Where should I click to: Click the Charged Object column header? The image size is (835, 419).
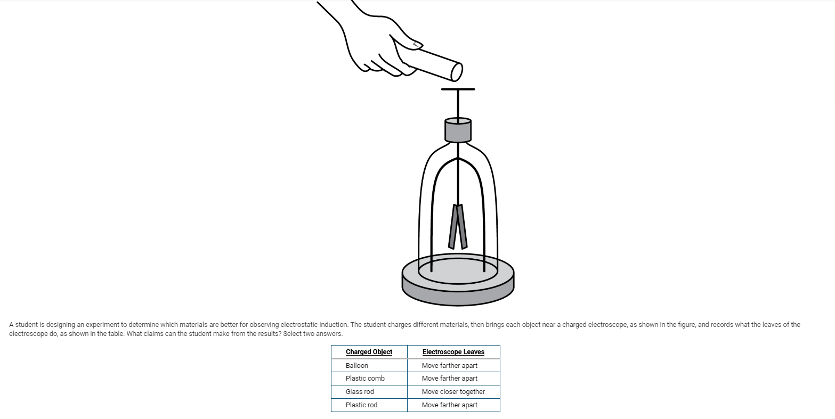click(x=369, y=352)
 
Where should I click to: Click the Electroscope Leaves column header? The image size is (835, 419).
click(x=453, y=352)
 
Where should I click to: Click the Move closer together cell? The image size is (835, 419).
click(x=453, y=392)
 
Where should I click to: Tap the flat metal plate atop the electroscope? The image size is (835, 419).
click(x=458, y=89)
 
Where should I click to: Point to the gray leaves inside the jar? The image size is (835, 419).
click(x=458, y=226)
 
